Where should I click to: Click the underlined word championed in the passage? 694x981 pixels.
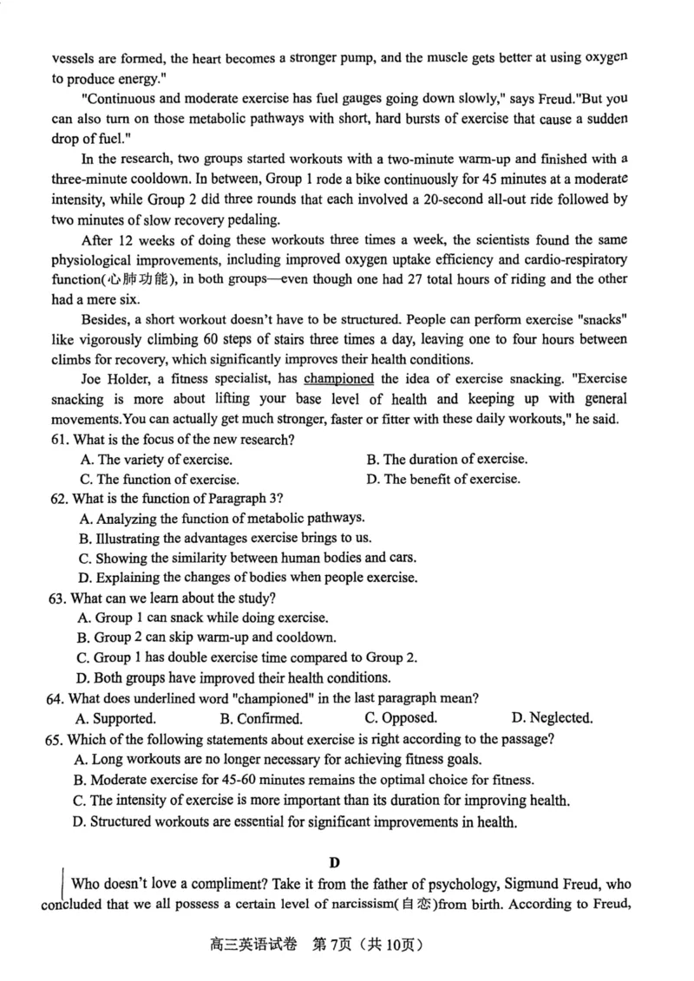pos(338,379)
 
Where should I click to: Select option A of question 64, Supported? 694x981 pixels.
pos(116,718)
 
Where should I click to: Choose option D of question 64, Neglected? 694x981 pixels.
pos(552,718)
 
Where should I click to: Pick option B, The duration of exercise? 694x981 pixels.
pos(446,460)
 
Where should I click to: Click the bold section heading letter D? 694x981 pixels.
pos(335,862)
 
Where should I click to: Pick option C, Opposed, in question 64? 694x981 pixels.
pos(401,718)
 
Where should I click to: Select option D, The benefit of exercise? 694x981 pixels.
pos(443,479)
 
